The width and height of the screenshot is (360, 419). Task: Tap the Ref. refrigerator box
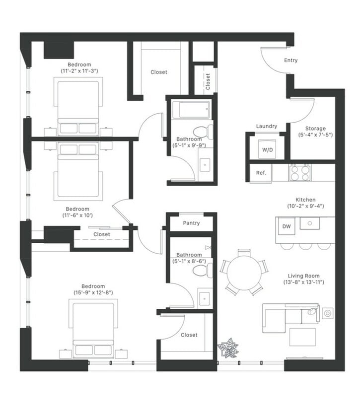pos(261,173)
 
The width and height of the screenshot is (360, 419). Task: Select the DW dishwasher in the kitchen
pos(286,226)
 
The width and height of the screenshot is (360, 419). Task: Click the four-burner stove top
pos(300,173)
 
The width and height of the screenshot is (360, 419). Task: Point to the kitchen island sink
pos(309,223)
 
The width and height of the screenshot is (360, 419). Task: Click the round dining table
pos(244,273)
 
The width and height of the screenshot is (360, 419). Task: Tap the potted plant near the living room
pos(228,348)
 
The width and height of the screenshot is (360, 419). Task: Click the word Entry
pos(290,60)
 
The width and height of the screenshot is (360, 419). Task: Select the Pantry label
pos(191,223)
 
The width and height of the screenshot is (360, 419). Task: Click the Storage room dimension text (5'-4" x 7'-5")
pos(315,135)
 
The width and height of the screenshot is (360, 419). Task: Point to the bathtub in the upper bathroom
pos(191,110)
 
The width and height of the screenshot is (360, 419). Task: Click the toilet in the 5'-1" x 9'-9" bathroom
pos(202,132)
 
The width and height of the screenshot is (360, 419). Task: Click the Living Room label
pos(303,276)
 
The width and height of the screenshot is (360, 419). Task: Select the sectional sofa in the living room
pos(291,318)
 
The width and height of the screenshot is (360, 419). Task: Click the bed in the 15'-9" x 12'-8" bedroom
pos(93,329)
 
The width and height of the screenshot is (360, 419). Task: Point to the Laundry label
pos(267,126)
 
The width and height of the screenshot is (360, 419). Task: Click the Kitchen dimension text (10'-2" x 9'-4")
pos(305,206)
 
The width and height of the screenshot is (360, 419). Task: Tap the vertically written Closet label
pos(208,81)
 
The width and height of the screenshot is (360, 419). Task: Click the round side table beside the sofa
pos(328,313)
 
